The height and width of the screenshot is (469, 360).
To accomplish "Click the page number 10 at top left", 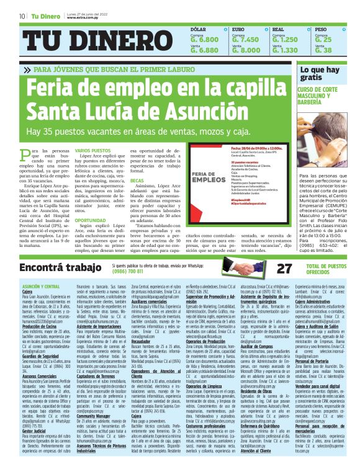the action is [22, 16].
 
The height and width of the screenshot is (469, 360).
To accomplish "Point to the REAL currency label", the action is [279, 29].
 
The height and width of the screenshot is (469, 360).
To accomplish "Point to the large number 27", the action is [283, 268].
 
